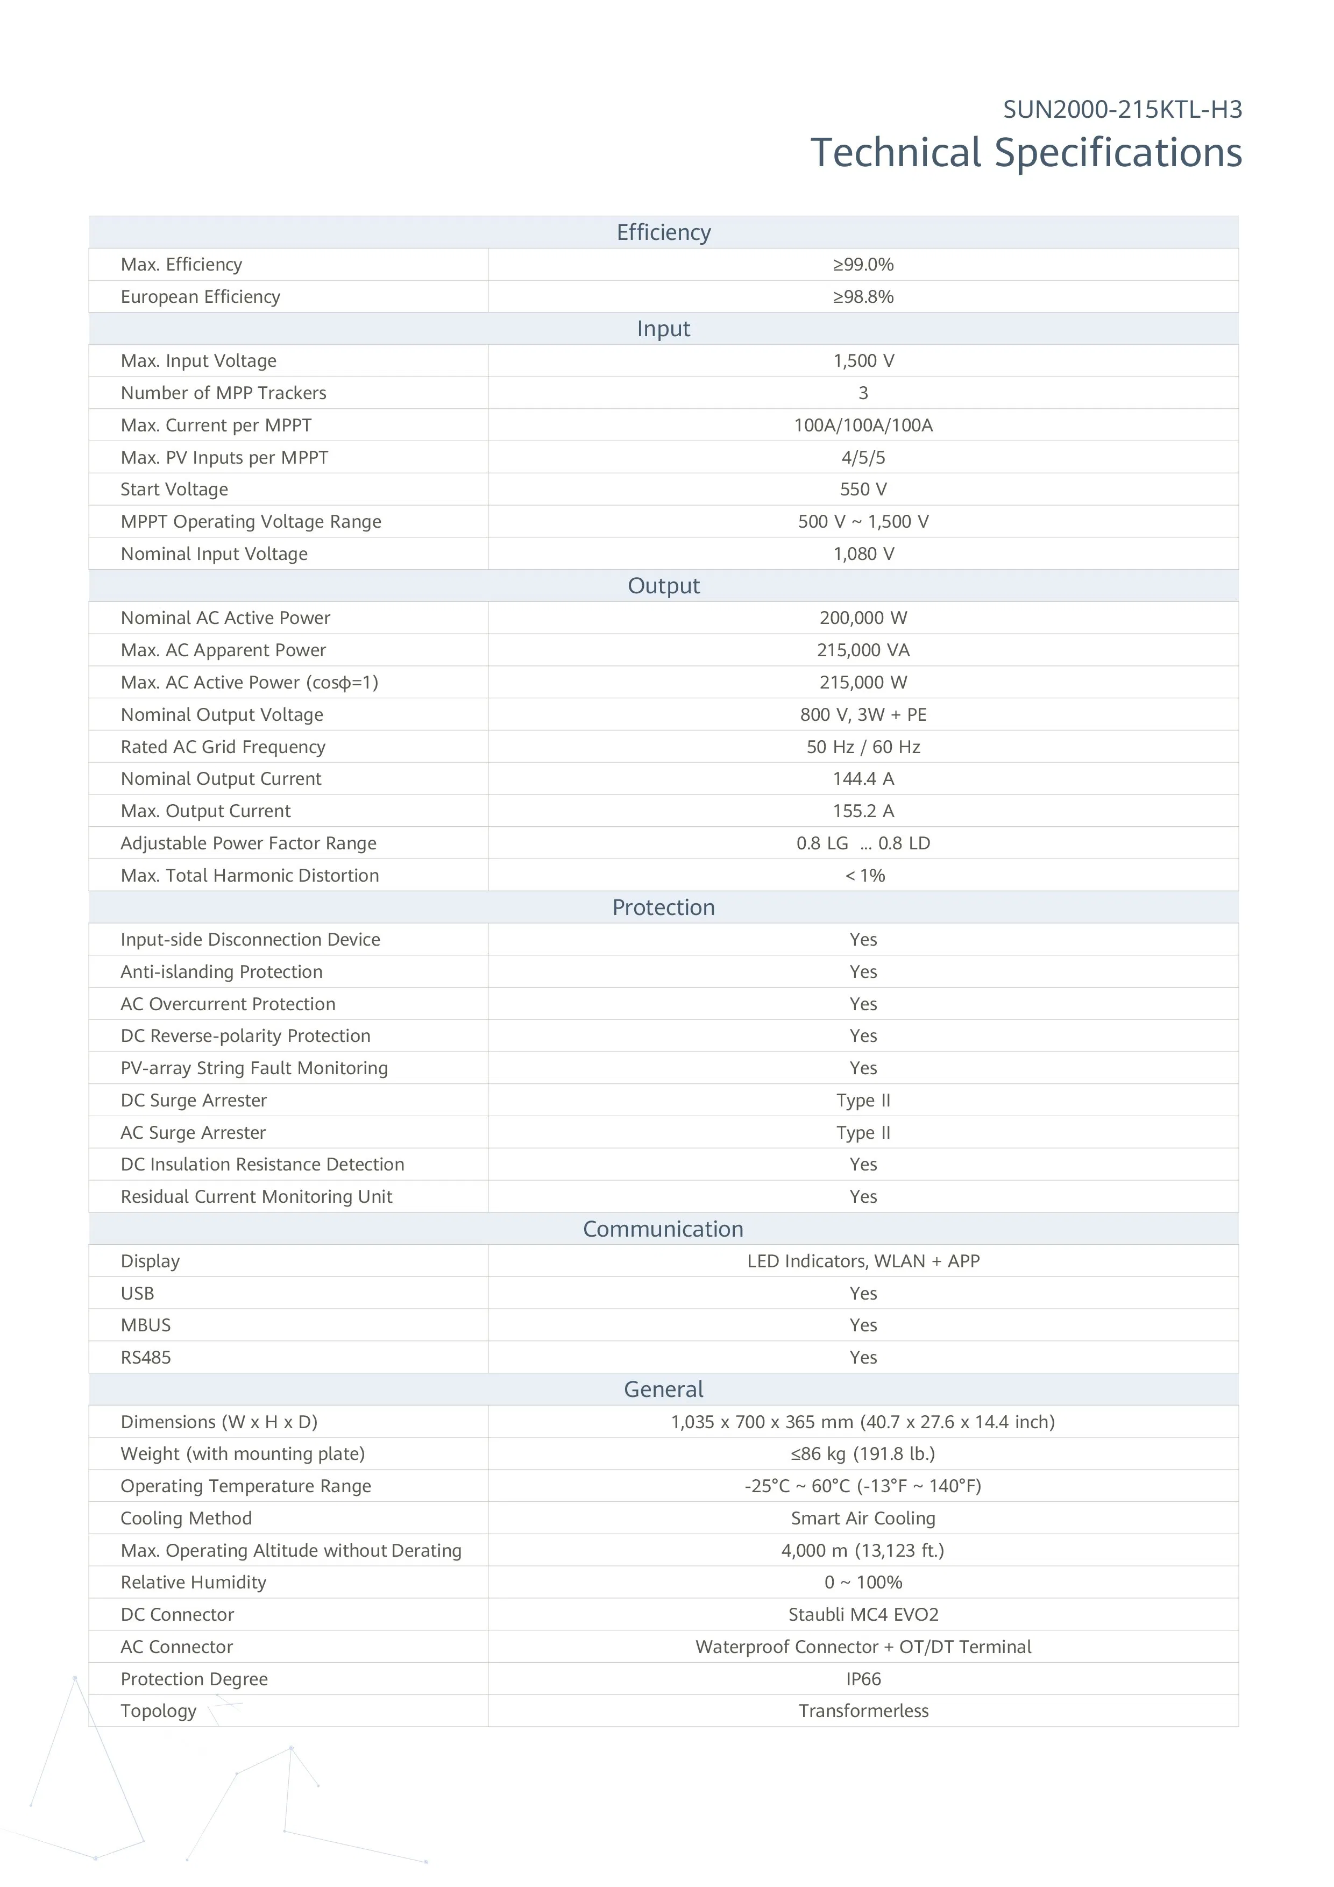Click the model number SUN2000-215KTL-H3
1122,109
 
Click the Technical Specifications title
1026,153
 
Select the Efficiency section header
663,232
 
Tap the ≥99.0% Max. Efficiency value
863,265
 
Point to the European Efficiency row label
201,297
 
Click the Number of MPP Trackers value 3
863,393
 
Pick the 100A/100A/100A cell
863,425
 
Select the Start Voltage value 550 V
863,489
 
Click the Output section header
663,586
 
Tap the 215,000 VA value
863,650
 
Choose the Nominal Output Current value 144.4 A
863,778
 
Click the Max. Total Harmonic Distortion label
250,875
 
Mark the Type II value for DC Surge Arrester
863,1101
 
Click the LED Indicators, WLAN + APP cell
863,1261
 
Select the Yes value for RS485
863,1357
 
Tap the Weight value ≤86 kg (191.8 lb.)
863,1454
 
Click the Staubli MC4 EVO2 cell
863,1614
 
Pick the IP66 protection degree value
863,1679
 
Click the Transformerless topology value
863,1711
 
